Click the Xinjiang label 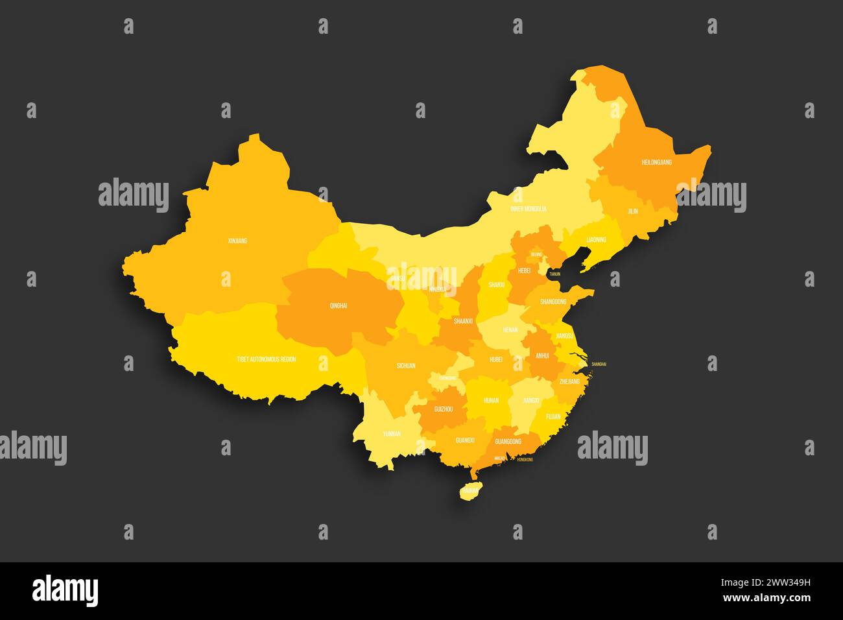tap(237, 241)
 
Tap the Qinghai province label tap(338, 305)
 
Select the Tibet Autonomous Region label tap(266, 359)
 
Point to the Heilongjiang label tap(656, 162)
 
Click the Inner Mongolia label tap(528, 209)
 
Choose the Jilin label tap(632, 211)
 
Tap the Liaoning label tap(596, 240)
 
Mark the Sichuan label tap(406, 366)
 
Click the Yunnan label tap(391, 434)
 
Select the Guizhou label tap(444, 409)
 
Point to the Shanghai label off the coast tap(599, 364)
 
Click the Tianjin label tap(554, 274)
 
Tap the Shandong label tap(552, 302)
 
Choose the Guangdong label tap(508, 442)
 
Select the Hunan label tap(491, 401)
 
